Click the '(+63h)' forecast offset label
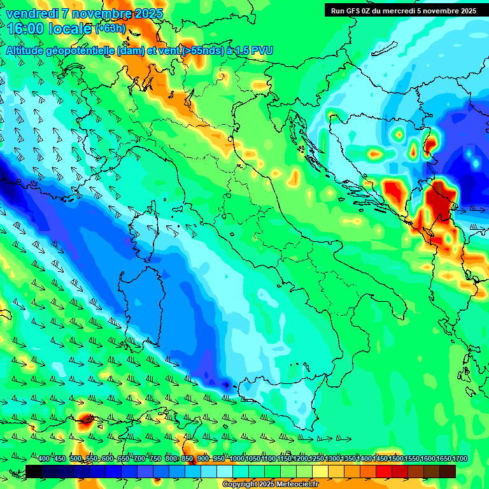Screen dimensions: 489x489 [111, 29]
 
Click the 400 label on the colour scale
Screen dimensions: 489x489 [44, 459]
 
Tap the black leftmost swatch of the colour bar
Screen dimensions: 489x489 [34, 471]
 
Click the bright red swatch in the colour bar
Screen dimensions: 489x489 [384, 471]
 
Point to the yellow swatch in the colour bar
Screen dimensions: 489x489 [320, 471]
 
